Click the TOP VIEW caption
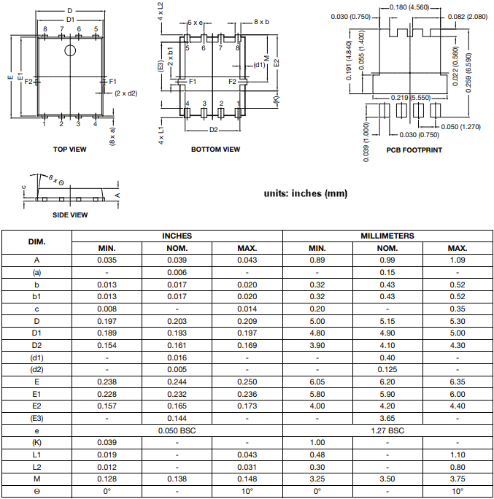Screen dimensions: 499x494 click(x=69, y=150)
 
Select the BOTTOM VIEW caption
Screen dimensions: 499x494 click(x=215, y=150)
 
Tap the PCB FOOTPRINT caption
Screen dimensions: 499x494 click(x=414, y=150)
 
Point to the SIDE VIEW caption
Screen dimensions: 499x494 click(x=70, y=215)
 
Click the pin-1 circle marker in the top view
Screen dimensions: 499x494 click(x=70, y=50)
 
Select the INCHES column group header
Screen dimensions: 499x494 click(x=177, y=236)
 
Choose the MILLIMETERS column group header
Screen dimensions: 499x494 click(x=387, y=236)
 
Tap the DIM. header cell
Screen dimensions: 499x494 click(x=37, y=241)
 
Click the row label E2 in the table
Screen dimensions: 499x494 click(x=37, y=406)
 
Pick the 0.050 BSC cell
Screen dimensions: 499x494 click(x=177, y=430)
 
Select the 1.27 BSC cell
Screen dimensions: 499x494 click(x=387, y=430)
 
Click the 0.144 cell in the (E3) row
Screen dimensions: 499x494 click(x=177, y=418)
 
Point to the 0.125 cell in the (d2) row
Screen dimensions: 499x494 click(x=387, y=369)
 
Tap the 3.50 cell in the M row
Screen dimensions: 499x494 click(x=387, y=479)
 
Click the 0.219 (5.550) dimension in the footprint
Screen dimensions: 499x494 click(x=409, y=97)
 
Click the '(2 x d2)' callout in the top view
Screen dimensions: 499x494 click(x=126, y=93)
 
